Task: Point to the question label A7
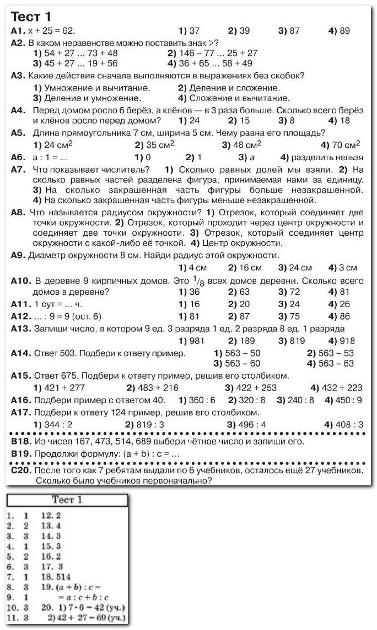coord(18,170)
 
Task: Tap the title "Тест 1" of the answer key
coord(67,500)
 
